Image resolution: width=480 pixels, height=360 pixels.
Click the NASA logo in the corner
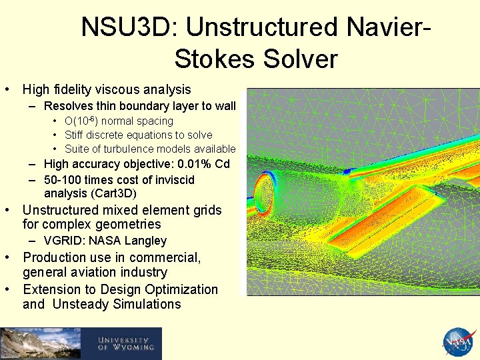tap(460, 343)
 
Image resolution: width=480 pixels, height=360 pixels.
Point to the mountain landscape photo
tap(40, 343)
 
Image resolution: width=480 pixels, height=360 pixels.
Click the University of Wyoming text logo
tap(125, 343)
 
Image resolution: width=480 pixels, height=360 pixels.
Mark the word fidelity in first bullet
tap(73, 89)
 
